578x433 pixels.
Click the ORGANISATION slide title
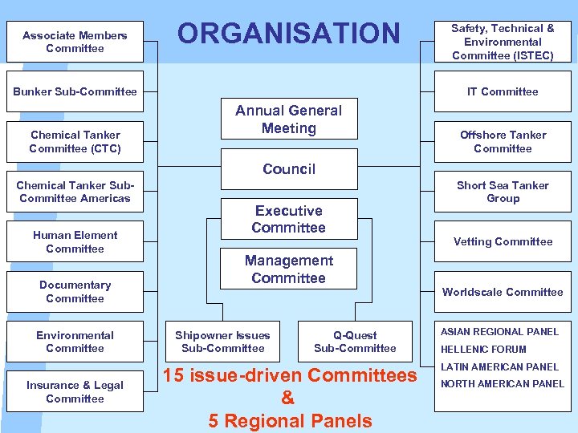pos(288,34)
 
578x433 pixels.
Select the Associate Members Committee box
pos(75,42)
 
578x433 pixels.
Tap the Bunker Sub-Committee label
pos(75,91)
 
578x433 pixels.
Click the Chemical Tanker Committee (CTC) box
pos(75,142)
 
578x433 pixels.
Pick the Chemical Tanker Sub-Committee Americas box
pos(75,192)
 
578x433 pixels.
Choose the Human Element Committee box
pos(75,241)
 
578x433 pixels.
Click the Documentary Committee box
pos(75,292)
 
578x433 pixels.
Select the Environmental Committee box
pos(75,342)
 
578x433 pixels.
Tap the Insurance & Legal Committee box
pos(75,391)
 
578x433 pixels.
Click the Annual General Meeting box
pos(288,119)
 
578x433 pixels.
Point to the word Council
pos(289,169)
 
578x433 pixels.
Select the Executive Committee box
pos(288,219)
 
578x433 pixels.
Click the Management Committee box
pos(288,269)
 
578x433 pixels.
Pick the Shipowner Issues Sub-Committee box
pos(222,342)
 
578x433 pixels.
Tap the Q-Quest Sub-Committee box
pos(355,342)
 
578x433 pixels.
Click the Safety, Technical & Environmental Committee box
pos(503,42)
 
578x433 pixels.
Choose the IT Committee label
pos(503,91)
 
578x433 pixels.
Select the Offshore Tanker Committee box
pos(503,142)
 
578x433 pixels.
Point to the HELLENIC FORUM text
pos(482,350)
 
